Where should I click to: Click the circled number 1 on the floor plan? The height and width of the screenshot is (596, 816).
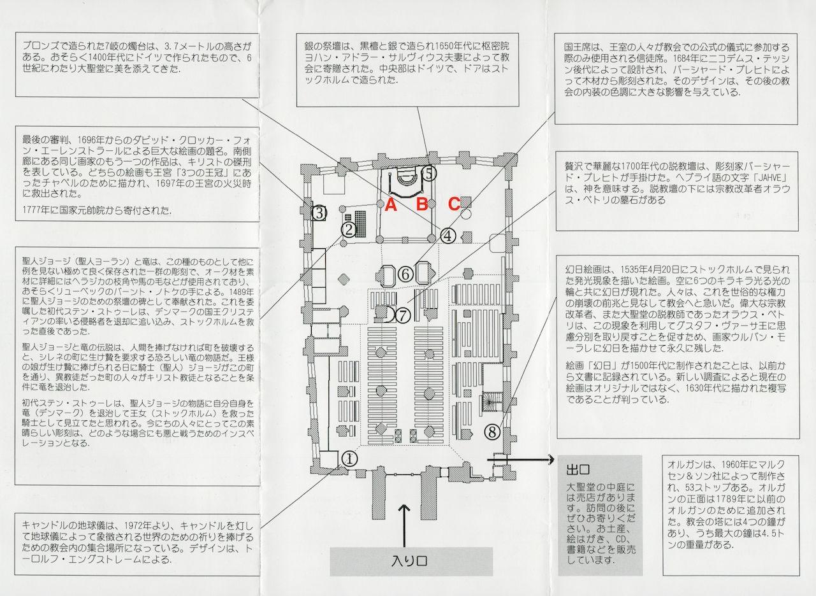(x=350, y=459)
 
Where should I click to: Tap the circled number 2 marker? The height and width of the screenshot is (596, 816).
(x=349, y=230)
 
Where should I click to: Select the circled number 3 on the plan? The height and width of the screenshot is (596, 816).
(x=319, y=213)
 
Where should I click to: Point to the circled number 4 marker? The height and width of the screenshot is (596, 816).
(x=448, y=236)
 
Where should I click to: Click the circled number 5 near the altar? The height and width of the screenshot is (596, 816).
(x=429, y=173)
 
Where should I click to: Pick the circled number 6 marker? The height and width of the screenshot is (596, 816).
(x=405, y=274)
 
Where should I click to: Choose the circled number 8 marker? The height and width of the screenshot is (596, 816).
(x=492, y=432)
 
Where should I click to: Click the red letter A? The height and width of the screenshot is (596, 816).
(x=391, y=205)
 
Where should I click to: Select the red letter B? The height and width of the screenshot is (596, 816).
(x=422, y=204)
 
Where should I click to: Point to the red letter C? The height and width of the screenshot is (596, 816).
(x=453, y=204)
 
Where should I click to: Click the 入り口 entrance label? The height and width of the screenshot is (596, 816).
(x=409, y=562)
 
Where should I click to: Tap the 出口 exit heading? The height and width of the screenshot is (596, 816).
(x=578, y=470)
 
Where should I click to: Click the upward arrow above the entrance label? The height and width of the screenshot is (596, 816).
(x=405, y=525)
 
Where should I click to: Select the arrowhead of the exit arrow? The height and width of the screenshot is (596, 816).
(x=550, y=460)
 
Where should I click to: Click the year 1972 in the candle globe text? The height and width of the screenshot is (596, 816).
(x=133, y=526)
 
